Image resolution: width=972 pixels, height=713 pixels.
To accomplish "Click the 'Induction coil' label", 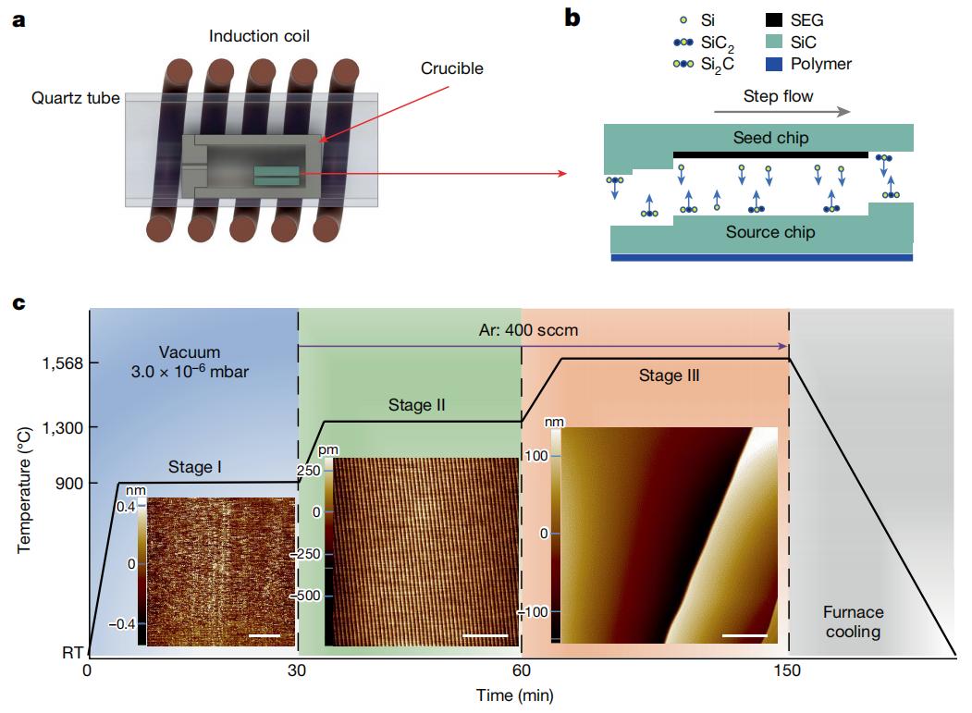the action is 259,36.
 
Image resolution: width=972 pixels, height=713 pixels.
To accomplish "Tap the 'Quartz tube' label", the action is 76,98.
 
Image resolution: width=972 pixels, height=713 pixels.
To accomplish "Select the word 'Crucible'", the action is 452,68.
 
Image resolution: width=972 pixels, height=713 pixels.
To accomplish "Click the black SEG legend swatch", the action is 774,19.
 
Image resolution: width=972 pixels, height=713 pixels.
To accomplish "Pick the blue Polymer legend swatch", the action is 774,64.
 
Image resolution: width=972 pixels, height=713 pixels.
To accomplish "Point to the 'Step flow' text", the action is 778,96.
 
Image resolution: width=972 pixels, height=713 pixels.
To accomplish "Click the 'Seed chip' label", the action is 770,138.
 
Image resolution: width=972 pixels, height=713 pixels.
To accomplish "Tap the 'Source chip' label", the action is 770,232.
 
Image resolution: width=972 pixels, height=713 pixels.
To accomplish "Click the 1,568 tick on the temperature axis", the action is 62,363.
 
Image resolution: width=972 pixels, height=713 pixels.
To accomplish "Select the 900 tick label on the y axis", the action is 69,483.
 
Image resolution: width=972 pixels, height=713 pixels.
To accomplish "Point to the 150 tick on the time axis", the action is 787,670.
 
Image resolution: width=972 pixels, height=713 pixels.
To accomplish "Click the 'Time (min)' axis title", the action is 514,695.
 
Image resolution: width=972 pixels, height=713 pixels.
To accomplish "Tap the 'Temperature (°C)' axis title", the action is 23,490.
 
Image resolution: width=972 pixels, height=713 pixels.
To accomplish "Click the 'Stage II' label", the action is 416,405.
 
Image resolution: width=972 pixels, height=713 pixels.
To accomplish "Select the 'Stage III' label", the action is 669,375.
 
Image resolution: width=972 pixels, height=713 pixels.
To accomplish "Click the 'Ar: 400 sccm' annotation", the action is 528,330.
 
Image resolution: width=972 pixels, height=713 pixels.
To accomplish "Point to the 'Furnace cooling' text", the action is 853,621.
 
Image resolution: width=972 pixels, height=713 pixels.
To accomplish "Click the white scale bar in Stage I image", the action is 265,635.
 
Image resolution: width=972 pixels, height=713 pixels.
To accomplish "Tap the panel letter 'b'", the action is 572,18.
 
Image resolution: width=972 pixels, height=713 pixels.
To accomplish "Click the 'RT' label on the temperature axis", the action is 72,652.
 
